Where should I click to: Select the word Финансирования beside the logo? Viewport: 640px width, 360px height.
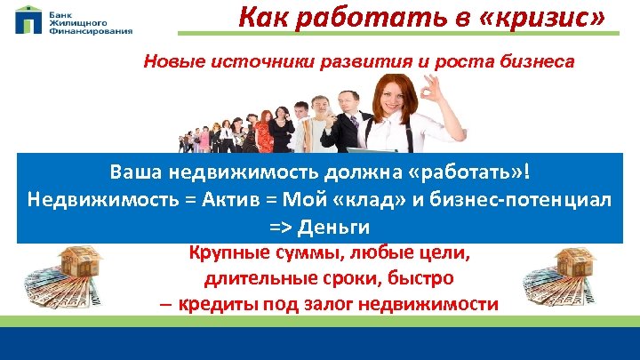point(91,30)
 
